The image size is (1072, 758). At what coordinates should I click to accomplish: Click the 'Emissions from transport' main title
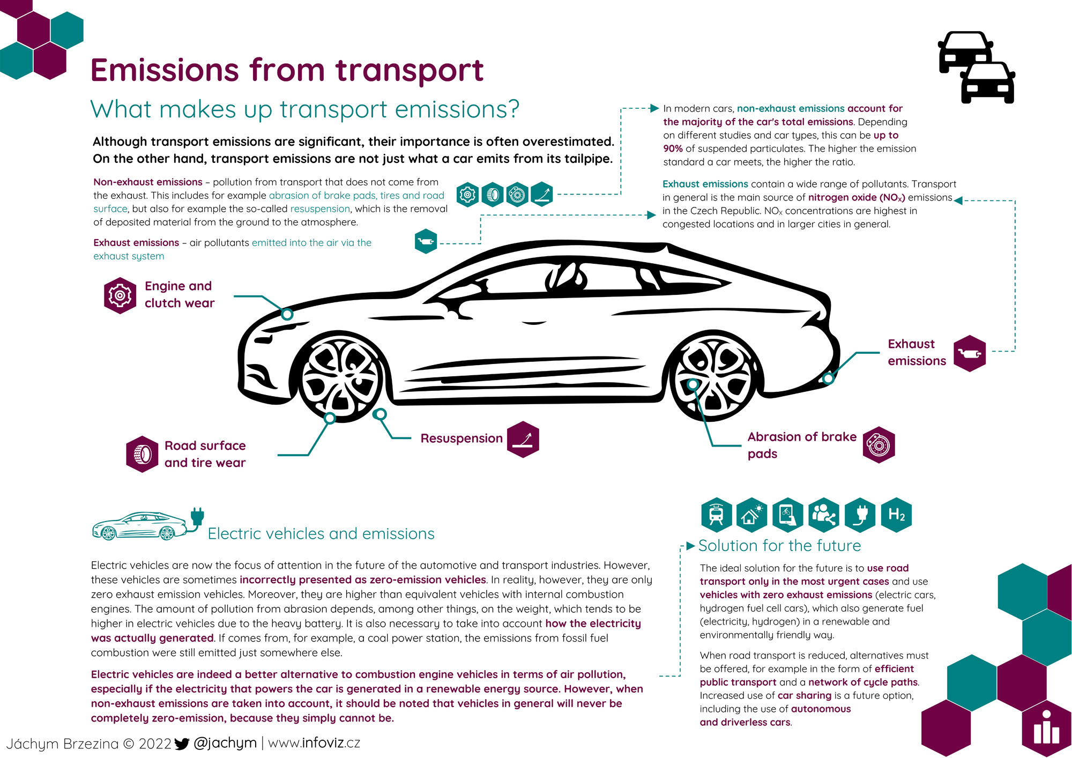tap(287, 70)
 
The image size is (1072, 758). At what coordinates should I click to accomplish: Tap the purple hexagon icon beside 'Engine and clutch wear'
tap(120, 295)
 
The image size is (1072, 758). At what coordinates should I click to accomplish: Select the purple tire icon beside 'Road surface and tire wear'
tap(142, 454)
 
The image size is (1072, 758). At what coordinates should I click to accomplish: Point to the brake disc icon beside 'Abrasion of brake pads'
tap(879, 445)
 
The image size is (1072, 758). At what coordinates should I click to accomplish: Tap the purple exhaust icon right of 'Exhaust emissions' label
tap(970, 353)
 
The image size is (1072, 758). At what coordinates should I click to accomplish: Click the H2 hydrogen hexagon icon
tap(896, 515)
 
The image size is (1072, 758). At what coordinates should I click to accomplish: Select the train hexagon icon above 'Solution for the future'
tap(717, 515)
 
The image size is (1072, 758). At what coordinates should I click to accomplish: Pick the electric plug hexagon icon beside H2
tap(860, 515)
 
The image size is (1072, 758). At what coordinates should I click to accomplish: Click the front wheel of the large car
tap(340, 377)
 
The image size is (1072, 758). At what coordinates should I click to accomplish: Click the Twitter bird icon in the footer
tap(182, 744)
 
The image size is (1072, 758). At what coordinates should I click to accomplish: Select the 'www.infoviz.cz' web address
tap(314, 743)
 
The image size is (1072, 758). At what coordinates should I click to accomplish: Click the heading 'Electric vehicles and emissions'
tap(321, 534)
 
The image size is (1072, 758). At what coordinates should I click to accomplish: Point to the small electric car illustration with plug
tap(148, 524)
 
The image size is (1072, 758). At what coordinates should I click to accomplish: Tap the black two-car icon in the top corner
tap(977, 67)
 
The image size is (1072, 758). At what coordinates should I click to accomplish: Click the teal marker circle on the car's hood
tap(287, 314)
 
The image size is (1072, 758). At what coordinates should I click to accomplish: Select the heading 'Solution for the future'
tap(779, 546)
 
